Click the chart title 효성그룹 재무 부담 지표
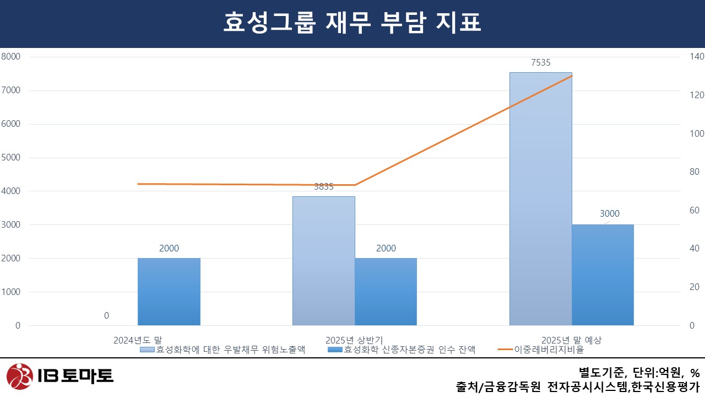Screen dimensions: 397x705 click(352, 23)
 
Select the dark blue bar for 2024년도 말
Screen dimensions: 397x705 click(169, 292)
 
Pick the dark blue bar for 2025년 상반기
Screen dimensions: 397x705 click(386, 292)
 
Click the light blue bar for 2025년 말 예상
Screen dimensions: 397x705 click(540, 198)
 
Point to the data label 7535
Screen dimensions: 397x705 click(540, 63)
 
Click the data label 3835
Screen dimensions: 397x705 click(323, 187)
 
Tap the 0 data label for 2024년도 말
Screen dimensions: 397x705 click(106, 316)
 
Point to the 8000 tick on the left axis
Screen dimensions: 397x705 click(10, 57)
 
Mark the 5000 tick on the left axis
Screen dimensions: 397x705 click(10, 158)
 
